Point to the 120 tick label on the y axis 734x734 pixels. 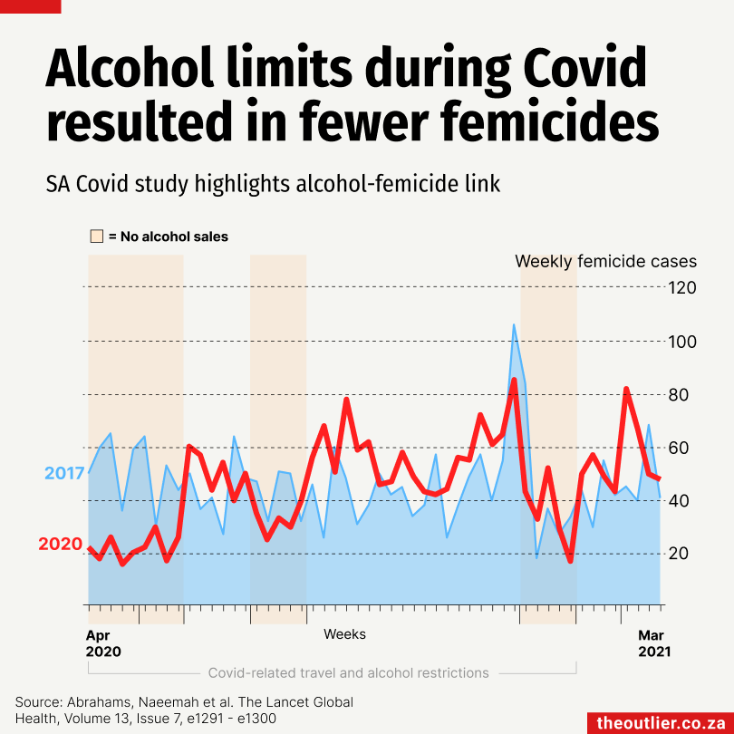pos(682,288)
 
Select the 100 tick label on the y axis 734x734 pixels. pos(682,342)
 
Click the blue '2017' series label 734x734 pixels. pos(64,473)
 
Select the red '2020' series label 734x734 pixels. pos(61,544)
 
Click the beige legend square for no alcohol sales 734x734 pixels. pos(96,237)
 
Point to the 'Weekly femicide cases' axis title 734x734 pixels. pos(605,261)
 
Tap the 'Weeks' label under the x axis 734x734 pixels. pos(344,634)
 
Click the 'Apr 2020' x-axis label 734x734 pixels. pos(102,642)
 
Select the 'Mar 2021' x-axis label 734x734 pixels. pos(654,642)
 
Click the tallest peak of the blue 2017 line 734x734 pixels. pos(514,324)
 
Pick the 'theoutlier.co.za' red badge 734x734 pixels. pos(659,723)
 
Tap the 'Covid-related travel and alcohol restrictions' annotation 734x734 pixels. pos(348,673)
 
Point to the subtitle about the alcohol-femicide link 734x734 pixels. pos(273,184)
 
